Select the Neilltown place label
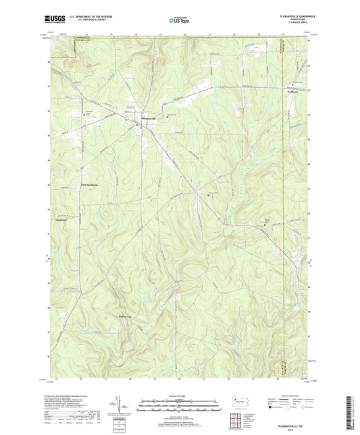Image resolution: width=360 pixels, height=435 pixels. [x=293, y=89]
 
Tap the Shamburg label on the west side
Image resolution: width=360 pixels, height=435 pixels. [x=60, y=221]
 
